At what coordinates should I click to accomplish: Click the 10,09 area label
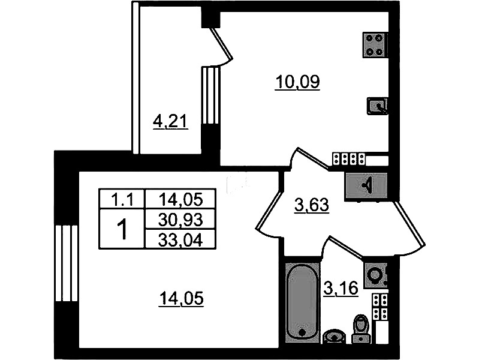pyautogui.click(x=297, y=82)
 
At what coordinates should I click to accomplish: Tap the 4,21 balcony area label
pyautogui.click(x=170, y=122)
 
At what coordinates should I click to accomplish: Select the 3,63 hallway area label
pyautogui.click(x=312, y=205)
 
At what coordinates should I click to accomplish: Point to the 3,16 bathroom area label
pyautogui.click(x=341, y=288)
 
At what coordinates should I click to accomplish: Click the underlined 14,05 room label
pyautogui.click(x=181, y=299)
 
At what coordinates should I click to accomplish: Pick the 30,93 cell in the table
pyautogui.click(x=180, y=219)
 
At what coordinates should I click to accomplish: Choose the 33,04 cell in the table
pyautogui.click(x=180, y=239)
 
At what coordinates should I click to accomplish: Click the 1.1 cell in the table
pyautogui.click(x=122, y=199)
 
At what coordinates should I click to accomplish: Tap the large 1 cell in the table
pyautogui.click(x=122, y=229)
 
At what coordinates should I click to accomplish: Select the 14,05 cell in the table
pyautogui.click(x=180, y=199)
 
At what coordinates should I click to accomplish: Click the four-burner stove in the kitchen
pyautogui.click(x=375, y=44)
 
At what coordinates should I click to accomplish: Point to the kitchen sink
pyautogui.click(x=377, y=106)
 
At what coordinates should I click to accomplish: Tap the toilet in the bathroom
pyautogui.click(x=360, y=329)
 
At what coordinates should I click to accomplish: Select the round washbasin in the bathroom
pyautogui.click(x=335, y=337)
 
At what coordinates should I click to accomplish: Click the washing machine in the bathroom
pyautogui.click(x=375, y=275)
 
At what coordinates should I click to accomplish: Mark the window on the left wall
pyautogui.click(x=66, y=263)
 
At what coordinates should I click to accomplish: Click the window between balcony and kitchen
pyautogui.click(x=210, y=96)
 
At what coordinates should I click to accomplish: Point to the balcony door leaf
pyautogui.click(x=221, y=43)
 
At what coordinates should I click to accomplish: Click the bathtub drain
pyautogui.click(x=302, y=333)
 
